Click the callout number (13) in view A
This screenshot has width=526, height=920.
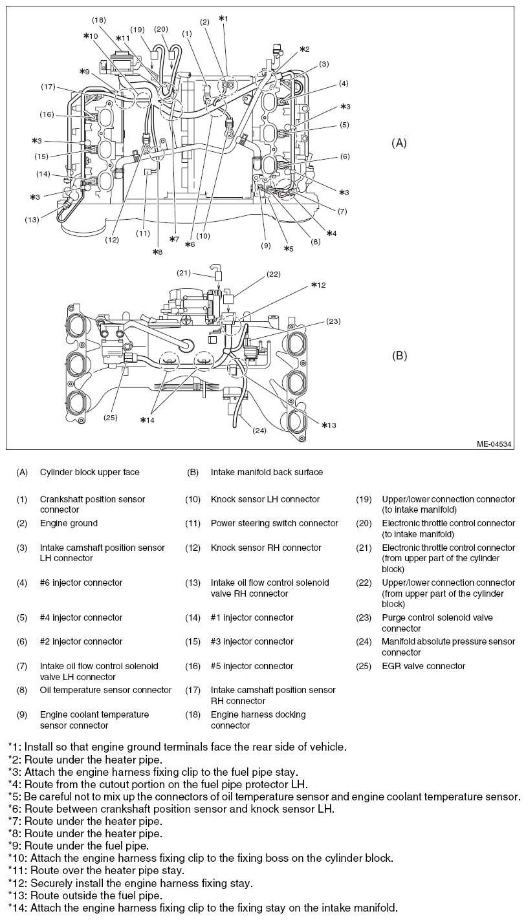point(32,220)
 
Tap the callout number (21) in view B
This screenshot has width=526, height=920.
point(184,273)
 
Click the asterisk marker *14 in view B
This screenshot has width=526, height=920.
point(148,420)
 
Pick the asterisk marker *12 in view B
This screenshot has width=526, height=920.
point(318,284)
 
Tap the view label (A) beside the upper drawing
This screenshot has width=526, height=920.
point(399,143)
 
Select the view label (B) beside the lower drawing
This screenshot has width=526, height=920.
point(399,356)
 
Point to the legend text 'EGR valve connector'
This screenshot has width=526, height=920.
point(423,666)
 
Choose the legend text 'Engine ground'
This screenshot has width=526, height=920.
point(69,523)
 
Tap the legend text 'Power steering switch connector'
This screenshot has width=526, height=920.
point(274,523)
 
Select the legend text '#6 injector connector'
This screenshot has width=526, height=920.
point(81,583)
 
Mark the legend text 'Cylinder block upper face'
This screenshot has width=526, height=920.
point(89,472)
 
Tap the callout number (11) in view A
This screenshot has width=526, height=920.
point(144,233)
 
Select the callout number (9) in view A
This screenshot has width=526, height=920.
point(265,245)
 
